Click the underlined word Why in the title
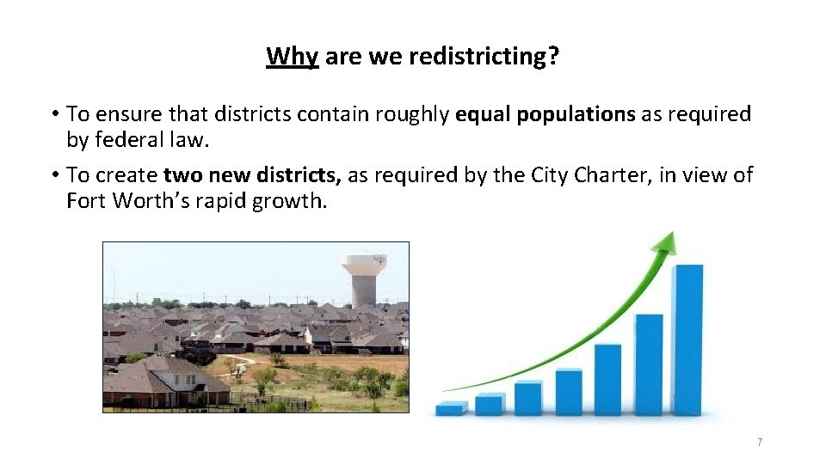[x=293, y=57]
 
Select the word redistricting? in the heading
[x=484, y=57]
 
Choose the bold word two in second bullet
[x=181, y=175]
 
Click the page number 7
[x=760, y=442]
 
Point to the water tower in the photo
[x=363, y=276]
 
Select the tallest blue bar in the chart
[x=687, y=339]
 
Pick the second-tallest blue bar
[x=649, y=364]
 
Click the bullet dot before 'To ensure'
[x=54, y=114]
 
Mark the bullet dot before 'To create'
[x=54, y=175]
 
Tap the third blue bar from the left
[x=528, y=399]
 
